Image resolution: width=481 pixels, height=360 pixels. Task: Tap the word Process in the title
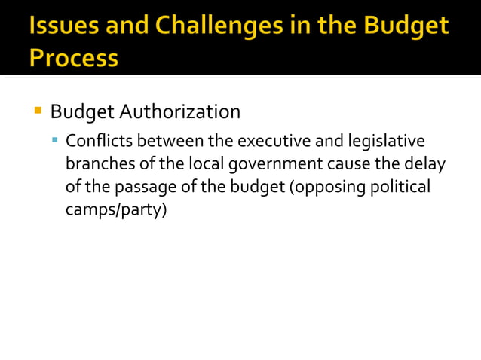tap(74, 57)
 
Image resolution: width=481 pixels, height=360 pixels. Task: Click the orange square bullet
tap(38, 111)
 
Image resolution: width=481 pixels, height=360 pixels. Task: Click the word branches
tap(95, 163)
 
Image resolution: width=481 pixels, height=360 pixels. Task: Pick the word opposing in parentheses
tap(324, 187)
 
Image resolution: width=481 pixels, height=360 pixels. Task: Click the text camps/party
tap(115, 209)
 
